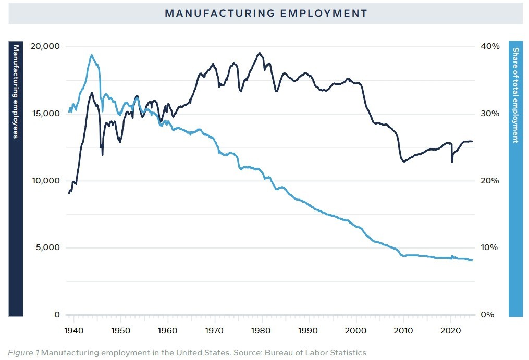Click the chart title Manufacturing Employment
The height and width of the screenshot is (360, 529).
click(x=266, y=14)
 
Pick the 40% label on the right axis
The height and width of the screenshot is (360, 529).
click(x=490, y=46)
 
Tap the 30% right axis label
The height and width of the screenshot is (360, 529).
click(x=490, y=114)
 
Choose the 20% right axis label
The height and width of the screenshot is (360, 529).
click(x=490, y=181)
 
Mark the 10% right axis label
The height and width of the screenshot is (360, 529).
click(x=490, y=247)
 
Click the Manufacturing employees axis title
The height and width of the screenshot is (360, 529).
click(x=16, y=92)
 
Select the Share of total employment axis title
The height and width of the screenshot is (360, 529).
click(x=515, y=95)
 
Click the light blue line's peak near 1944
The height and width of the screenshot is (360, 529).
click(x=91, y=55)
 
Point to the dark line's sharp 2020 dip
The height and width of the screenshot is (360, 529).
click(x=452, y=162)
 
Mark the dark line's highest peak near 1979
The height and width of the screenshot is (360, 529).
click(x=260, y=53)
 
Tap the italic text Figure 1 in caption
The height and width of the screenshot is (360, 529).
click(x=23, y=353)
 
